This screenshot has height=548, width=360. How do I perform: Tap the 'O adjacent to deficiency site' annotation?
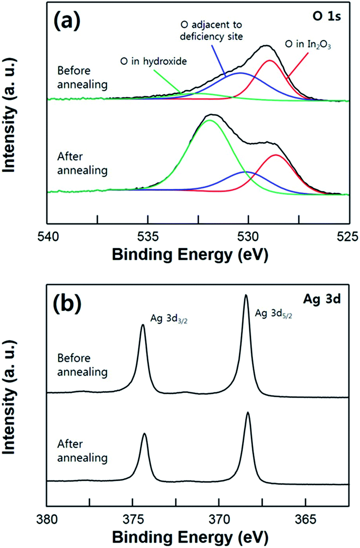coord(211,30)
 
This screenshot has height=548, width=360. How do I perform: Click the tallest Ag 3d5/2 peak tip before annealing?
coord(246,295)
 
